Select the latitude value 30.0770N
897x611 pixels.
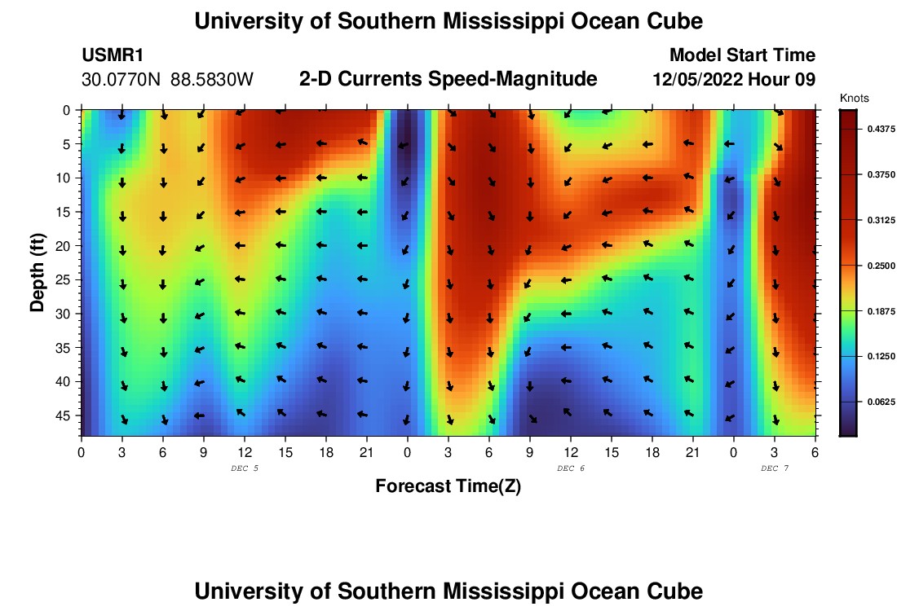point(122,80)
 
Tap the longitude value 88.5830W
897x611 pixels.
point(212,80)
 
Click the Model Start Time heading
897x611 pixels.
point(742,55)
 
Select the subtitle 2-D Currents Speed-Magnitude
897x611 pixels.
point(448,79)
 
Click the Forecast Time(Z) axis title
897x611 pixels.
point(448,486)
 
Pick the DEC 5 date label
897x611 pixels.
point(245,468)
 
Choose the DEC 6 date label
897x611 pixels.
point(571,468)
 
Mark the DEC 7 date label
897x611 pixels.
point(775,468)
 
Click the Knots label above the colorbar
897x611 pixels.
point(855,99)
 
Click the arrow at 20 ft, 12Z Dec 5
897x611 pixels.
point(241,245)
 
